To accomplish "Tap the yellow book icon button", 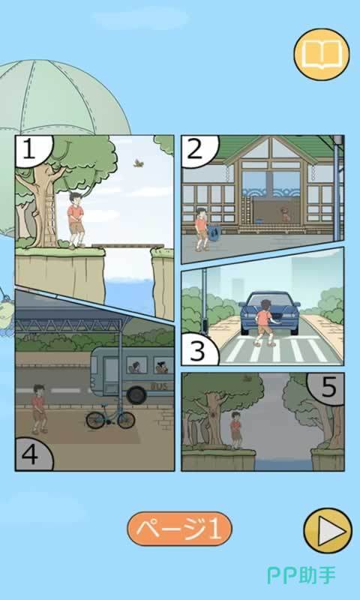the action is (x=322, y=54).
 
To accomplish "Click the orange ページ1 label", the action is (x=179, y=529).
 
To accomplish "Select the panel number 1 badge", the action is (x=32, y=150).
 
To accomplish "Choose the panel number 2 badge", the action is (x=198, y=150).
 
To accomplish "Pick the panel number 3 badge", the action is (x=199, y=349).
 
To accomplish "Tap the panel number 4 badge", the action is (x=32, y=454).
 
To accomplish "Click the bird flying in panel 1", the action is (x=138, y=163).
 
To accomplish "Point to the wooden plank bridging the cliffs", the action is (x=127, y=246).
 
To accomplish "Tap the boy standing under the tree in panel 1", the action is (x=75, y=220).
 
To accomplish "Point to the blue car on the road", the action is (x=270, y=313).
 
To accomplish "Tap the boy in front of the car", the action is (x=265, y=323).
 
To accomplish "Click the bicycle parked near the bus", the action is (x=110, y=415).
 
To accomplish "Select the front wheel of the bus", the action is (x=137, y=395).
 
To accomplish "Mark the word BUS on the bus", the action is (x=159, y=386).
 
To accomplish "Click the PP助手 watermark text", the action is (x=301, y=575).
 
